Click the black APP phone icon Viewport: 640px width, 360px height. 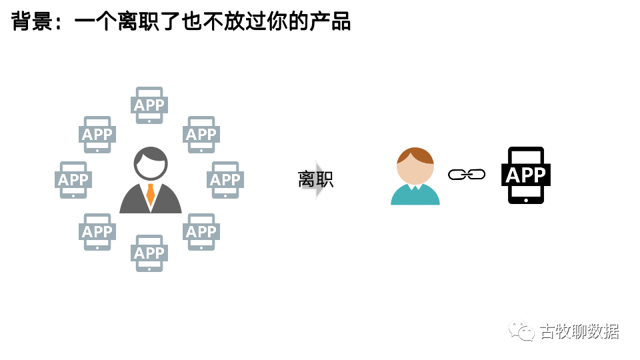click(x=526, y=175)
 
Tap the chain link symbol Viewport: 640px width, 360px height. click(x=466, y=175)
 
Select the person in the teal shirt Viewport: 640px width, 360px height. click(x=415, y=177)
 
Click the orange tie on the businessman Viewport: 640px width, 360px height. click(x=151, y=194)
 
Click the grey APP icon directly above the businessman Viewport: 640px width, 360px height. click(x=149, y=105)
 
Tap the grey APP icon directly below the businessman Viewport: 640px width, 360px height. click(x=149, y=253)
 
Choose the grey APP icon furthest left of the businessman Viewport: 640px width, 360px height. click(x=73, y=179)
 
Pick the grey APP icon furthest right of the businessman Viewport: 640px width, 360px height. click(x=225, y=179)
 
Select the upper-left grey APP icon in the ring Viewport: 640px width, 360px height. click(x=97, y=135)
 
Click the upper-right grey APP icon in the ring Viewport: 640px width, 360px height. click(x=201, y=135)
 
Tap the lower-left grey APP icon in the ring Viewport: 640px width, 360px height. click(x=97, y=231)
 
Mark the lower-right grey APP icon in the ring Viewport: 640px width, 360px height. click(x=201, y=231)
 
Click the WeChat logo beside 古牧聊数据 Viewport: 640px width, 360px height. click(x=521, y=331)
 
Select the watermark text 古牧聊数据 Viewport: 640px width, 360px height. click(x=579, y=331)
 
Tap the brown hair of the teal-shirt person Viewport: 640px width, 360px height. click(x=415, y=155)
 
